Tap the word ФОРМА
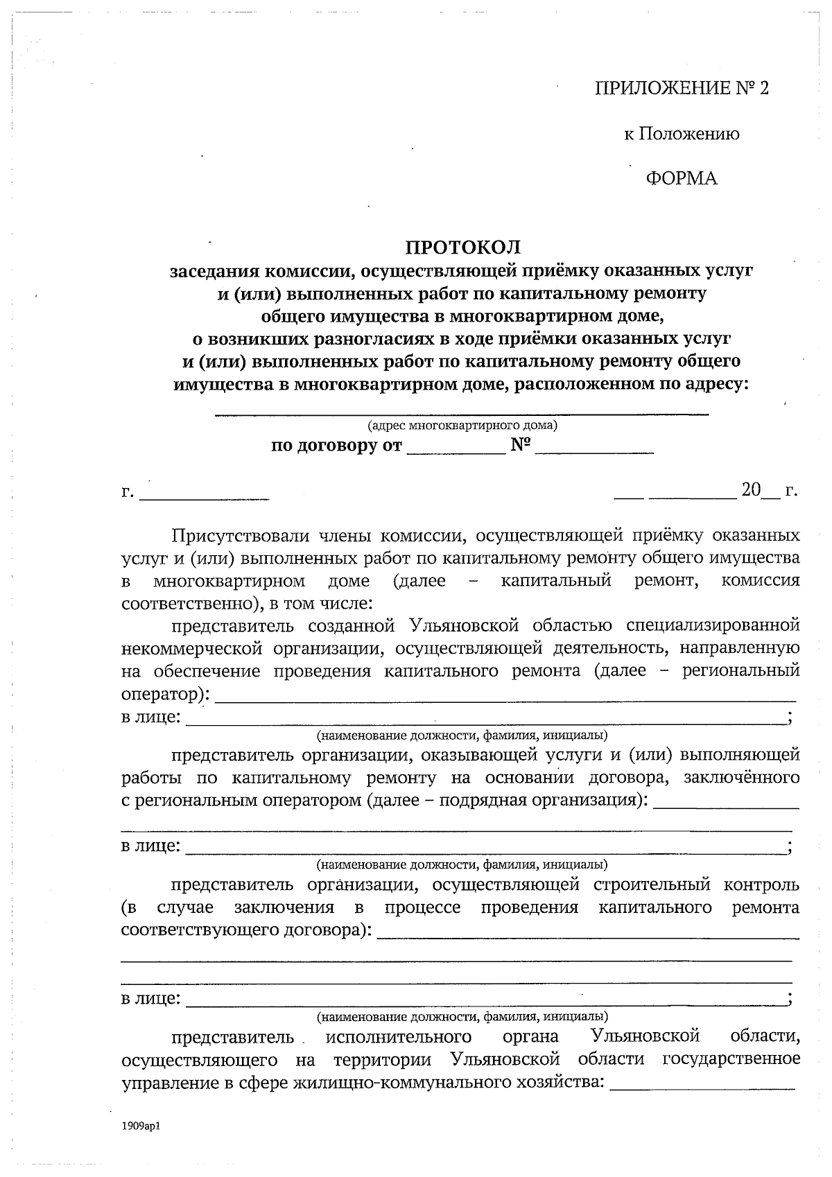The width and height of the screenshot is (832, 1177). [682, 179]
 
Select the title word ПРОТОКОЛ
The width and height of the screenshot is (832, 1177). [462, 247]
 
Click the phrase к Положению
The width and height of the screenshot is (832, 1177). [682, 134]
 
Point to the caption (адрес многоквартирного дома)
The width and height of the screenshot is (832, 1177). [462, 424]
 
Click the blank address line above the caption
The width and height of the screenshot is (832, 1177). [462, 412]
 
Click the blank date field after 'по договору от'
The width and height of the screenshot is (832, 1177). [456, 451]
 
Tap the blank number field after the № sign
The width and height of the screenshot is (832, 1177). [594, 451]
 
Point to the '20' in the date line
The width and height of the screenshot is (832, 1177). [751, 491]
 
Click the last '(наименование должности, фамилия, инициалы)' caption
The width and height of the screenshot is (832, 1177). [462, 1017]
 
